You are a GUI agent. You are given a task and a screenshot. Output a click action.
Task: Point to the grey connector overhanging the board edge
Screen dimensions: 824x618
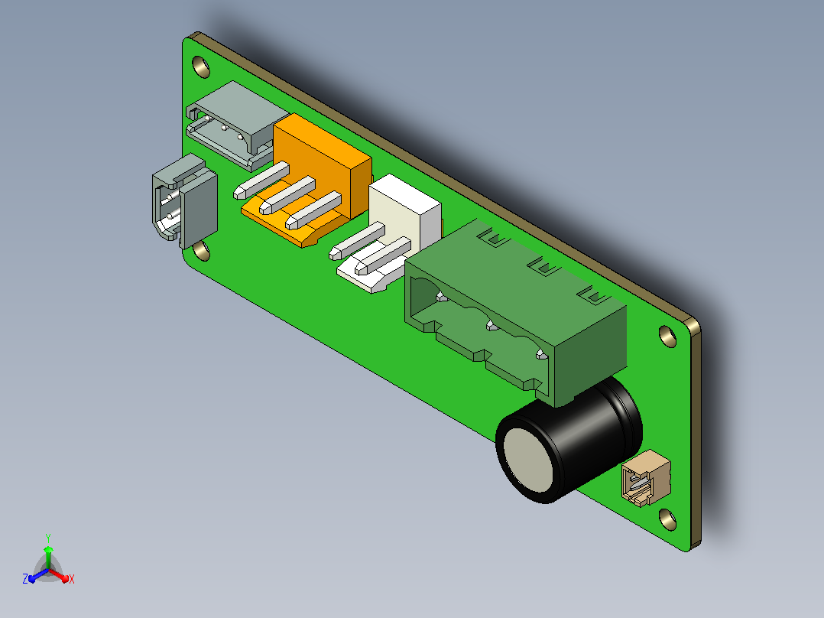[184, 203]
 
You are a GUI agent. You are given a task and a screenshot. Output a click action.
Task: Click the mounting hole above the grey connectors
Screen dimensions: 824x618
[201, 67]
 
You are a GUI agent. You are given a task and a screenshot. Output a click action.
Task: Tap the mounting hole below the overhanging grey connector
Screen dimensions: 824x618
[201, 251]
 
